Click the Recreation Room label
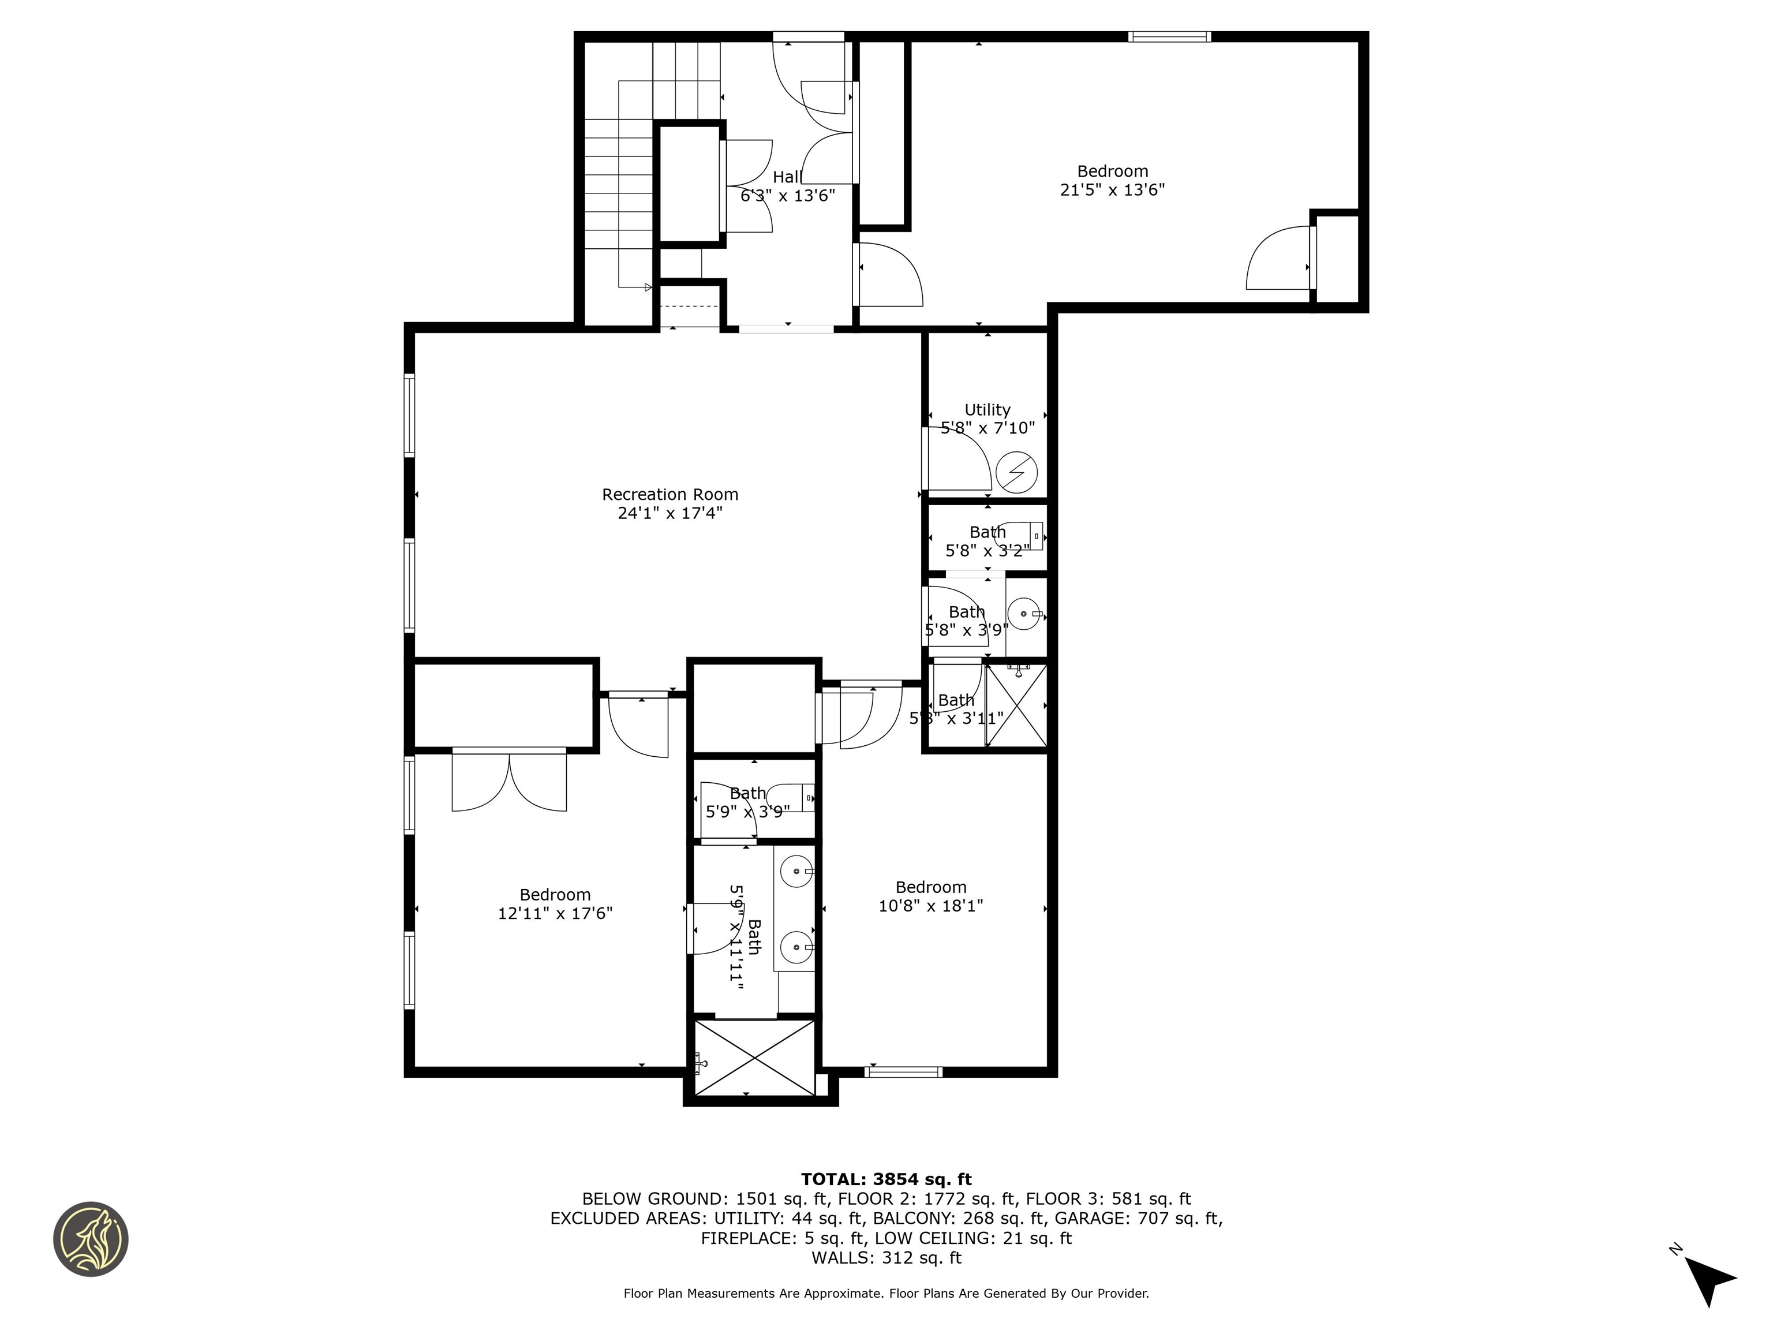[669, 495]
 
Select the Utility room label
[987, 410]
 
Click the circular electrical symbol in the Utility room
[1016, 472]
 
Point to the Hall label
[786, 177]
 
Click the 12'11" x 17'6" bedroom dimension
[555, 913]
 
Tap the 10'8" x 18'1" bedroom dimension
[930, 905]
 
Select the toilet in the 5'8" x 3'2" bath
[1027, 535]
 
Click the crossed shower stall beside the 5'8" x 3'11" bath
[1016, 705]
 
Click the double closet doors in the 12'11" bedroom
[509, 779]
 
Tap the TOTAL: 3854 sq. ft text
[886, 1179]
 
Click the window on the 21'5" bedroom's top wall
[1169, 36]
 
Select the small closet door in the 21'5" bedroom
[1280, 258]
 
